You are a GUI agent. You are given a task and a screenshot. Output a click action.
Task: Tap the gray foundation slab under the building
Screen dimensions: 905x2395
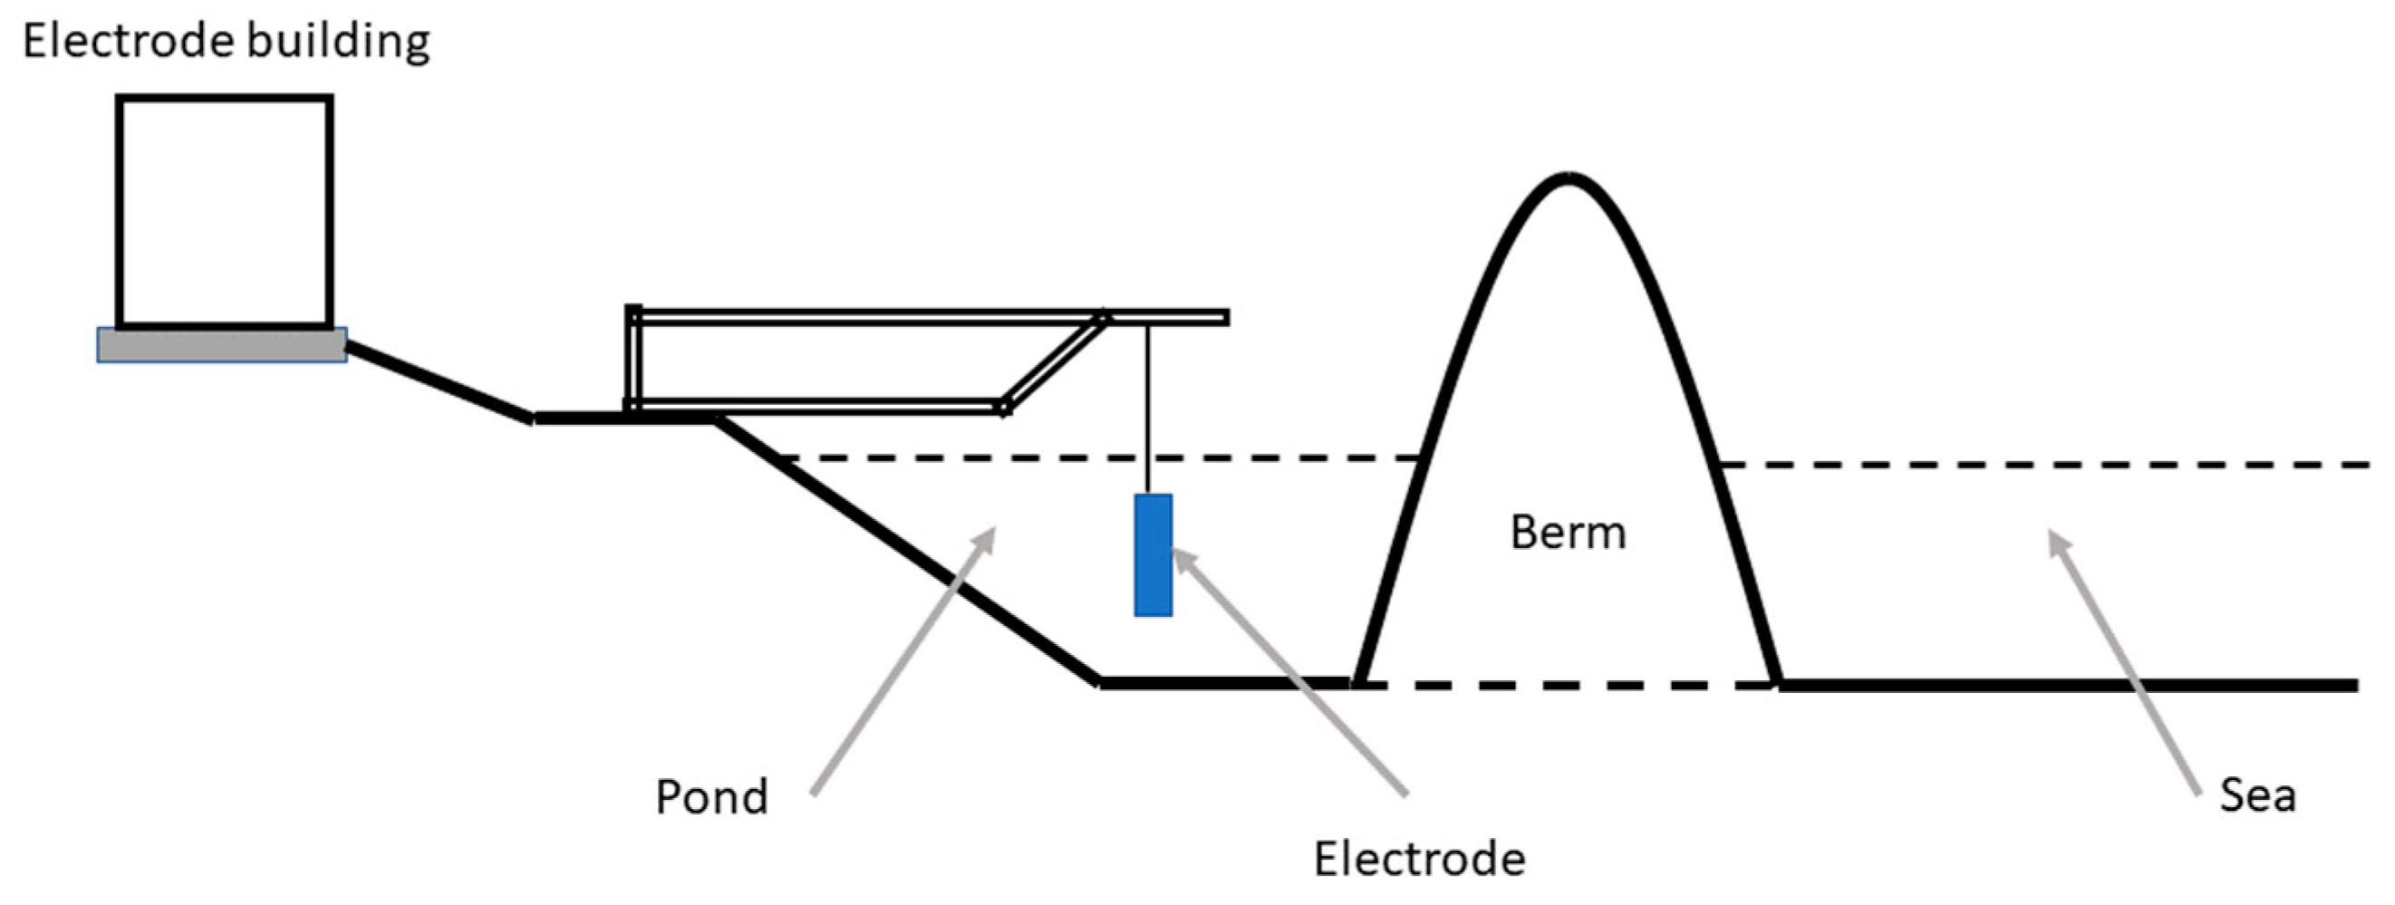tap(222, 345)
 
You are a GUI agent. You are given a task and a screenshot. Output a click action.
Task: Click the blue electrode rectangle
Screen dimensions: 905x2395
tap(1153, 554)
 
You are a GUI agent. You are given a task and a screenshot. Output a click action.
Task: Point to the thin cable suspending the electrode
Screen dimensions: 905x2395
tap(1148, 409)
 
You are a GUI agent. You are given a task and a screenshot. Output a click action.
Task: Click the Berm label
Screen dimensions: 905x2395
tap(1568, 534)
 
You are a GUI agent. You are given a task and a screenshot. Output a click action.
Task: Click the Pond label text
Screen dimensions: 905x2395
tap(711, 797)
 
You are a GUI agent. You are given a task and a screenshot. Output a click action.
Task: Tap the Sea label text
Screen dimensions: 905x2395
tap(2257, 795)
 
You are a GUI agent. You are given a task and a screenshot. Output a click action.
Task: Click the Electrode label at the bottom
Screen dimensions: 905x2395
tap(1419, 859)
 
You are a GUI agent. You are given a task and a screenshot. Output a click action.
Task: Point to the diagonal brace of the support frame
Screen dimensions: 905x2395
tap(1053, 363)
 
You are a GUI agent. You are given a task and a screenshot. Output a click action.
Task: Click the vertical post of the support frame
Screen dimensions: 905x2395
tap(633, 358)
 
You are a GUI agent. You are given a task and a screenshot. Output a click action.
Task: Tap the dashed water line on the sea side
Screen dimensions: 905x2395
tap(2045, 464)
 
